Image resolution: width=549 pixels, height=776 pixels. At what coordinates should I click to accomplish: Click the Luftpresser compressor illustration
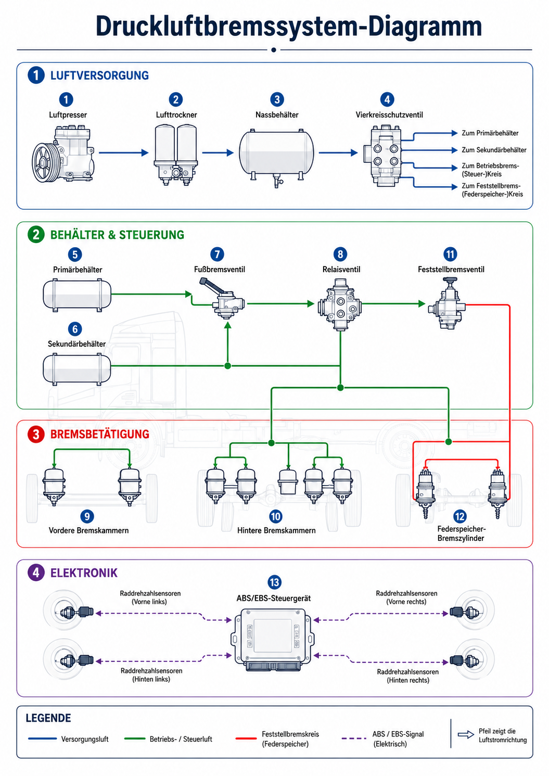63,154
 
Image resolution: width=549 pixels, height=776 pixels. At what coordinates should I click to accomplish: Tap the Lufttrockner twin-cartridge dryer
176,155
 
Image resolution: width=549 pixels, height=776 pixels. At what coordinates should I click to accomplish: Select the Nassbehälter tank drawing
276,157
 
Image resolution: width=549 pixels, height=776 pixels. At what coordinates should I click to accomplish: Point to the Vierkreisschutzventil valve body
382,156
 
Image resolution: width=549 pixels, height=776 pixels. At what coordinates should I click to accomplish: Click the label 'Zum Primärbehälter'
490,133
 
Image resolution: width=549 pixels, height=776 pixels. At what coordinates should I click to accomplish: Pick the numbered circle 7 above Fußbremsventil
217,255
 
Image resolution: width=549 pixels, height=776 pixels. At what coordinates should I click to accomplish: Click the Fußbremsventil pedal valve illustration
222,298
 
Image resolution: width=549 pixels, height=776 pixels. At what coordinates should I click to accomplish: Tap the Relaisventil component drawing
340,304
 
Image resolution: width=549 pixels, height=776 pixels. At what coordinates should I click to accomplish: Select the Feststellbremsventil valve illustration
447,303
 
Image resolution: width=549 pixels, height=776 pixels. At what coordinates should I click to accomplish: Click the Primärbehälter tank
77,295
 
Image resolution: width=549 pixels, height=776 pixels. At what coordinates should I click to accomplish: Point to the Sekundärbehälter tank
77,370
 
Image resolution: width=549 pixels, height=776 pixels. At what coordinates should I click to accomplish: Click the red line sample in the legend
246,739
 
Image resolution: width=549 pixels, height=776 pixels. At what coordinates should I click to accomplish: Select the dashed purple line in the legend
354,739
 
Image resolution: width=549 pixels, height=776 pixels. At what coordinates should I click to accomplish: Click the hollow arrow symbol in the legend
466,734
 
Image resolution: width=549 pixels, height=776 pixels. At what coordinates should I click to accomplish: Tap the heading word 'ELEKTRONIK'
84,573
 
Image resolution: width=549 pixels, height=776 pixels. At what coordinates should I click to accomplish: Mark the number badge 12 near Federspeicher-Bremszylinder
459,516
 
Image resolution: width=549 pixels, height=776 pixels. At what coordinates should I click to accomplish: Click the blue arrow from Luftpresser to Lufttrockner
124,152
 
